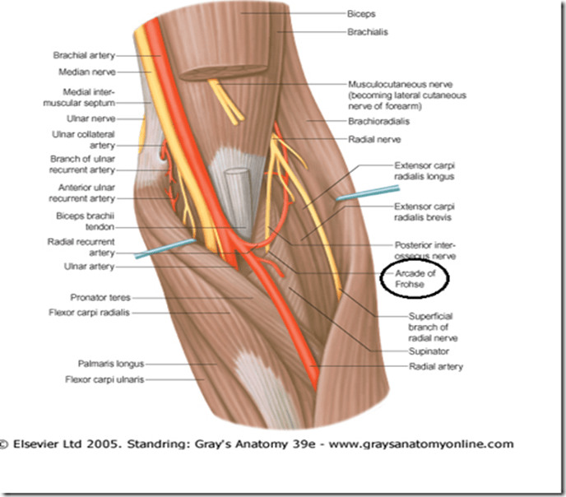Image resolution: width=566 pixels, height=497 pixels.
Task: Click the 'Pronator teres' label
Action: [x=103, y=298]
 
